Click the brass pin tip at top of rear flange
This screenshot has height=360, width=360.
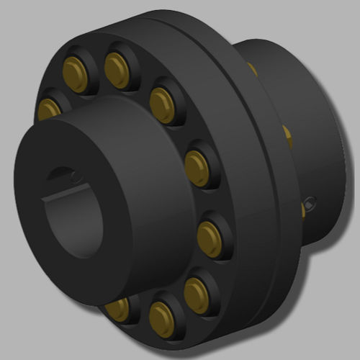click(x=251, y=68)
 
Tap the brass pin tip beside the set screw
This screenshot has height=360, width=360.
click(x=302, y=210)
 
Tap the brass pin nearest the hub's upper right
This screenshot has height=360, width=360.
click(x=162, y=99)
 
